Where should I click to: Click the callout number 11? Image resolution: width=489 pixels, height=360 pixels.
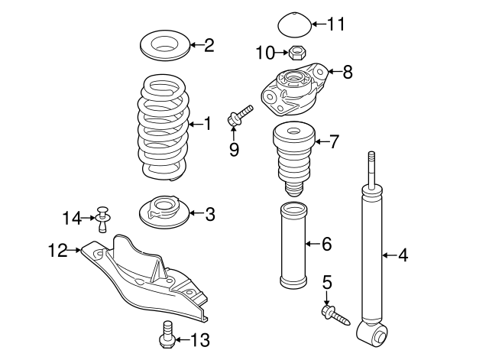point(336,24)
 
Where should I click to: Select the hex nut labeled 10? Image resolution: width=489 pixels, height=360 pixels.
point(299,53)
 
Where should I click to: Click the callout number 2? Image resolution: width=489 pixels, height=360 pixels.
point(209,45)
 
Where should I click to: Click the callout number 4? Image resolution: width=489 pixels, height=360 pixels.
point(403,255)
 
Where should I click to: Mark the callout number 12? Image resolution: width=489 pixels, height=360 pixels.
point(57,249)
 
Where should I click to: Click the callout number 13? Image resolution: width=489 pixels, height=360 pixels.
point(199,340)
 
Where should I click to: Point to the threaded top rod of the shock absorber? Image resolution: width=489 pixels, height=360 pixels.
point(371,170)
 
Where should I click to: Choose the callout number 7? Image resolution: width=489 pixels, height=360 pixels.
point(334,141)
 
